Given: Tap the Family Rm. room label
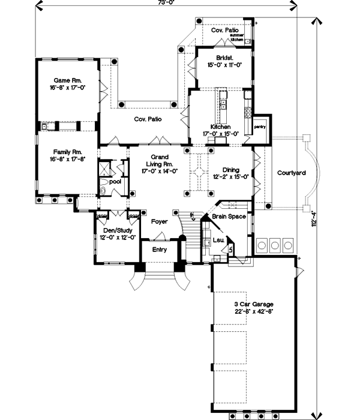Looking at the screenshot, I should pos(67,152).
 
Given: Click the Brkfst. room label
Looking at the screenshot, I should pos(224,58).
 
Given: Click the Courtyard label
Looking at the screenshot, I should pos(292,173).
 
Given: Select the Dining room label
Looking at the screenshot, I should pos(231,170).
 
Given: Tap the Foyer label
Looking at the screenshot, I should pos(159,221).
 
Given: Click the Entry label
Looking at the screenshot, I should pos(159,250).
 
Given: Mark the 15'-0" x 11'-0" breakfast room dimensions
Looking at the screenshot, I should pos(224,65).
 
